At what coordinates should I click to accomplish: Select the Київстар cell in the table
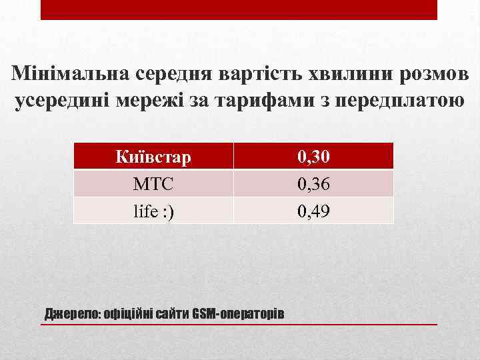pos(153,157)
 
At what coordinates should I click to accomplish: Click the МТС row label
pos(153,183)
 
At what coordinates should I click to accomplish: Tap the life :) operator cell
pos(153,211)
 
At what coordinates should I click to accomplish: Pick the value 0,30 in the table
pos(313,157)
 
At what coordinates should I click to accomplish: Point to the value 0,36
pos(313,183)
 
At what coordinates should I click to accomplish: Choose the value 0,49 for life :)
pos(313,211)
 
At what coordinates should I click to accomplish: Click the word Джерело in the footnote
pos(70,313)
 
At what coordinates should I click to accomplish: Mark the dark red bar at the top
pos(239,9)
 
